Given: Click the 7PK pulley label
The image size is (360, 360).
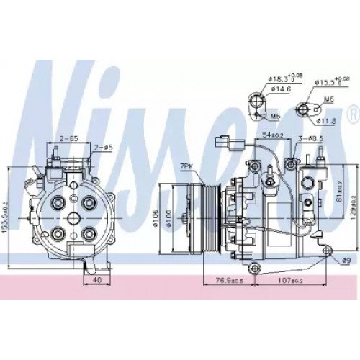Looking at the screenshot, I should coord(187,166).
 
